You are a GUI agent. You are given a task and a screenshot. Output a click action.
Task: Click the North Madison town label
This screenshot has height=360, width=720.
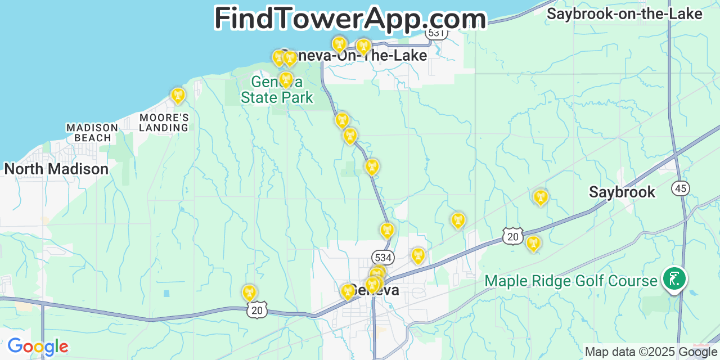(x=56, y=169)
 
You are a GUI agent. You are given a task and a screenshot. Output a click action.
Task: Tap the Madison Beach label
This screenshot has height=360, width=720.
(x=92, y=133)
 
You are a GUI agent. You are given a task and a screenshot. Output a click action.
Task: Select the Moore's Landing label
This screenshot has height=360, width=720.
(x=164, y=123)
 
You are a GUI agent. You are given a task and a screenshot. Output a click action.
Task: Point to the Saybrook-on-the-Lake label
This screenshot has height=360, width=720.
(x=624, y=14)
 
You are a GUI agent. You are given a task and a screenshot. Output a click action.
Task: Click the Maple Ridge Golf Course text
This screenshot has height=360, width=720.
(x=571, y=281)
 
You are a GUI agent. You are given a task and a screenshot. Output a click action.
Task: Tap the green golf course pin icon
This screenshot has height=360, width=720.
(x=673, y=278)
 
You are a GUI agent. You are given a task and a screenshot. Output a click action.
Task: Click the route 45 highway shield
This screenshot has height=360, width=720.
(x=681, y=188)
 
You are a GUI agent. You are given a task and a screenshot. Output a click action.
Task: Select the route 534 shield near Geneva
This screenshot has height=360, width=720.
(x=382, y=258)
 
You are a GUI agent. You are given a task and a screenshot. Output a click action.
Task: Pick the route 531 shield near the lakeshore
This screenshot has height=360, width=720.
(x=436, y=33)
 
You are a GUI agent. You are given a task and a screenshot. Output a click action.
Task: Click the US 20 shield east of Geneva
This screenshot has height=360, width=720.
(x=513, y=236)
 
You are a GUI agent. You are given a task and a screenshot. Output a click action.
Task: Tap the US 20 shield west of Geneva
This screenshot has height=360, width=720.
(x=256, y=309)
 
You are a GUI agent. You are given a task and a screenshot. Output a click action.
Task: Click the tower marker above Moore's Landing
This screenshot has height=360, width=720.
(x=178, y=95)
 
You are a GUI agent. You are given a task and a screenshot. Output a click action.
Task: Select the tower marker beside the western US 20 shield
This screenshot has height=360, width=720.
(x=249, y=292)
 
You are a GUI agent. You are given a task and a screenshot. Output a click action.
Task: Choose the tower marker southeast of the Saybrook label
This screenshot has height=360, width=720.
(x=533, y=243)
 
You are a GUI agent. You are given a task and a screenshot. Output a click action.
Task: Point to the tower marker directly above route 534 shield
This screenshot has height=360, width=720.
(x=387, y=229)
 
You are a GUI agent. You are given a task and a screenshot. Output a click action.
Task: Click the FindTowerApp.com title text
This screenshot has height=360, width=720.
(x=350, y=18)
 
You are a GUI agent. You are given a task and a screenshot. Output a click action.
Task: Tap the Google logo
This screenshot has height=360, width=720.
(x=38, y=347)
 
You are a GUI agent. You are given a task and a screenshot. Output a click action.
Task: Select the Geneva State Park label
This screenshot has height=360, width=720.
(x=277, y=90)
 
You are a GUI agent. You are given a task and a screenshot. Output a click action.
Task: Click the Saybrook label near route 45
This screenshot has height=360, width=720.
(x=622, y=192)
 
